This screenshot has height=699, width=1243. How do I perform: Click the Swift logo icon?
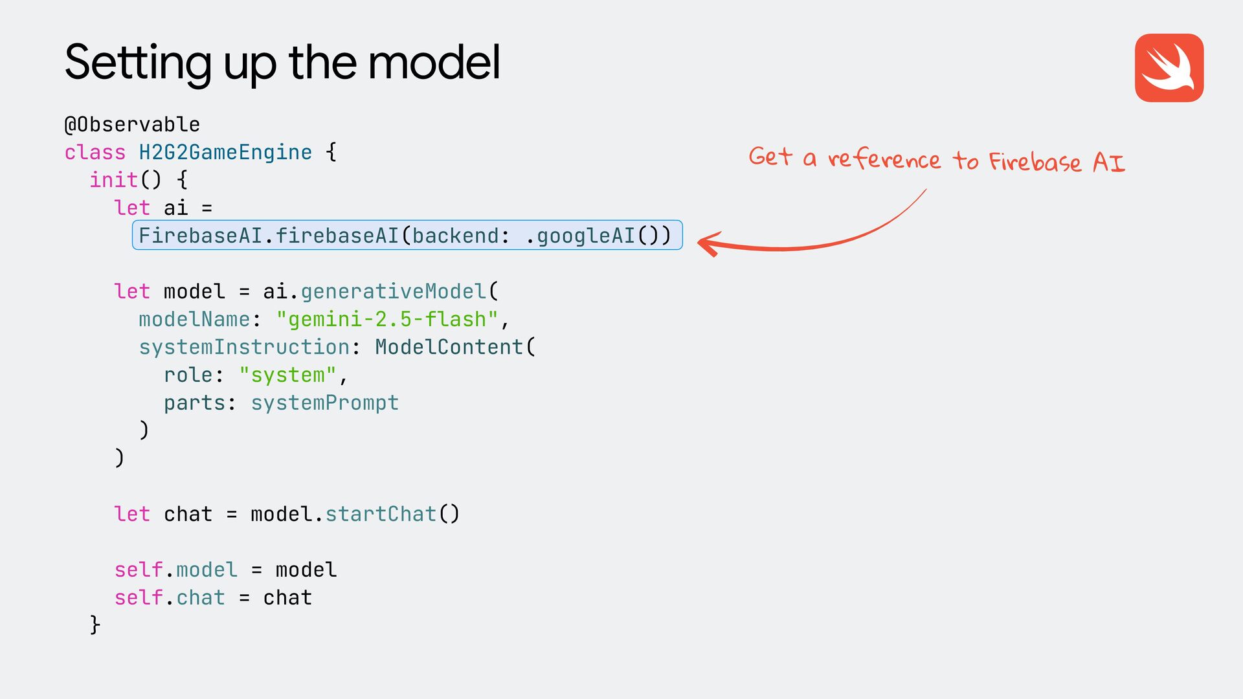(x=1169, y=68)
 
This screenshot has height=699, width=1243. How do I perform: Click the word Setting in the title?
(x=138, y=63)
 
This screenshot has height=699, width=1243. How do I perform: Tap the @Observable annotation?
(x=132, y=124)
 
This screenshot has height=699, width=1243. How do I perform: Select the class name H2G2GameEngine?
(x=225, y=152)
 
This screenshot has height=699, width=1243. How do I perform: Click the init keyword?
(x=113, y=180)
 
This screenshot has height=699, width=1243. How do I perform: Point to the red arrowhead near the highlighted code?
(x=708, y=243)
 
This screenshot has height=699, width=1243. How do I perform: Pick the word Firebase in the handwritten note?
(x=1035, y=161)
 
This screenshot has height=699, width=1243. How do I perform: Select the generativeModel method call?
(x=393, y=291)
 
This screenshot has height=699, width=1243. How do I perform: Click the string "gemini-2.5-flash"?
(x=387, y=319)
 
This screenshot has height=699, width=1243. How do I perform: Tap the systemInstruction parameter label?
(x=244, y=347)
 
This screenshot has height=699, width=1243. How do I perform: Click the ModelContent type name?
(x=449, y=347)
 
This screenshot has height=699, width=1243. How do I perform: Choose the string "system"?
(x=287, y=375)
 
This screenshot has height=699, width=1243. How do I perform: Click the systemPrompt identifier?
(x=324, y=403)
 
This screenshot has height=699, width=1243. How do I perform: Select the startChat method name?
(x=381, y=514)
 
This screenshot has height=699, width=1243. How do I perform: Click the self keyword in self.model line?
(x=138, y=570)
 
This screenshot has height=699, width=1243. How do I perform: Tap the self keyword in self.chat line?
(x=138, y=597)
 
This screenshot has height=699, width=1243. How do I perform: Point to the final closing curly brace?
(x=95, y=625)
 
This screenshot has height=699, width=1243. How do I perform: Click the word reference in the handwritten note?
(x=884, y=159)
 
